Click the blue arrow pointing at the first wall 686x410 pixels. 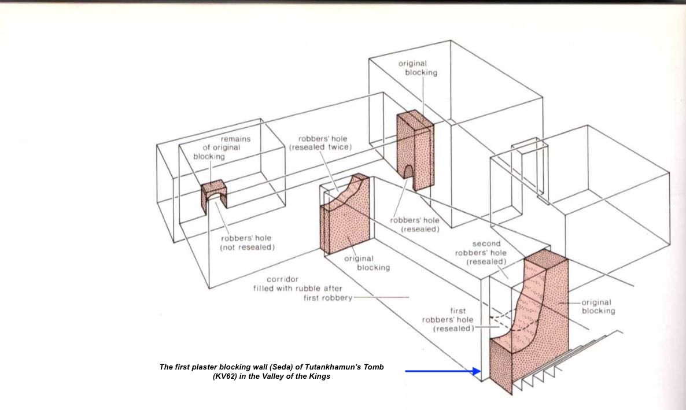point(442,371)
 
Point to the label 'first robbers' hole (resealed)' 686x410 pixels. point(448,319)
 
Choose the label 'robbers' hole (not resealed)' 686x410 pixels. point(247,242)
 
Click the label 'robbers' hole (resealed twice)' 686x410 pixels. point(320,143)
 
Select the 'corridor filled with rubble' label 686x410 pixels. point(303,289)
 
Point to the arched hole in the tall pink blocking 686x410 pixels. point(408,171)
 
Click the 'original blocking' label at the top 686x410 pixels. point(418,68)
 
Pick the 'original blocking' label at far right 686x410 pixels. point(598,306)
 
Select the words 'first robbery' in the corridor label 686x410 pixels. point(328,298)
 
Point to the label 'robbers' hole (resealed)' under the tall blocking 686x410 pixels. point(414,224)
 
